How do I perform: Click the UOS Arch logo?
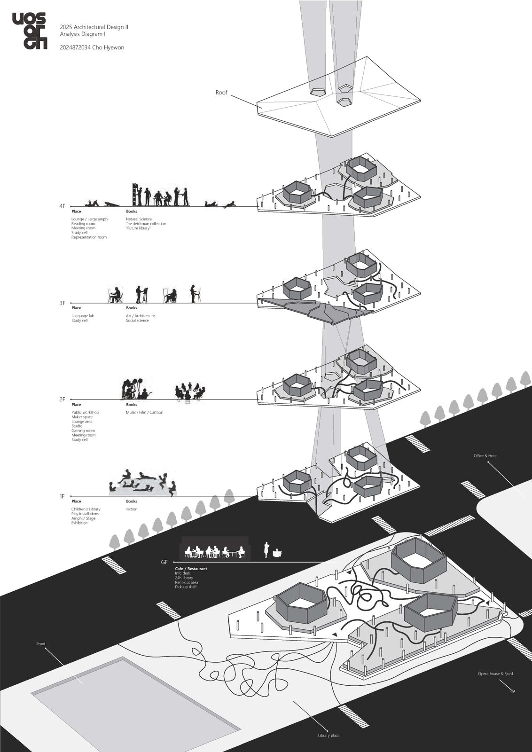coord(29,31)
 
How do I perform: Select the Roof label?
coord(221,93)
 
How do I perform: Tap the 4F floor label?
coord(63,206)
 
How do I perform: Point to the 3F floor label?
coord(63,303)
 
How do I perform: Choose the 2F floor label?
coord(63,399)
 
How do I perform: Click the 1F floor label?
coord(62,496)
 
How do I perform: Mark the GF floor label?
coord(164,562)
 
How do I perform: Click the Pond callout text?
coord(41,644)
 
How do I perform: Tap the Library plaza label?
coord(329,735)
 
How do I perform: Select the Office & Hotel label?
coord(485,456)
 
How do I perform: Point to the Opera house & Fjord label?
coord(495,674)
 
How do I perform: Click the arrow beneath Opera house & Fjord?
coord(511,689)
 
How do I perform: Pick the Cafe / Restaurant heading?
coord(191,569)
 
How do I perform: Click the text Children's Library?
coord(86,509)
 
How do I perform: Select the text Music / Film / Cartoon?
coord(144,412)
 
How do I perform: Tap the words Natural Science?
coord(139,219)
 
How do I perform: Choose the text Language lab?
coord(83,316)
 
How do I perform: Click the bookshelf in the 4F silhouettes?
coord(137,194)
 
